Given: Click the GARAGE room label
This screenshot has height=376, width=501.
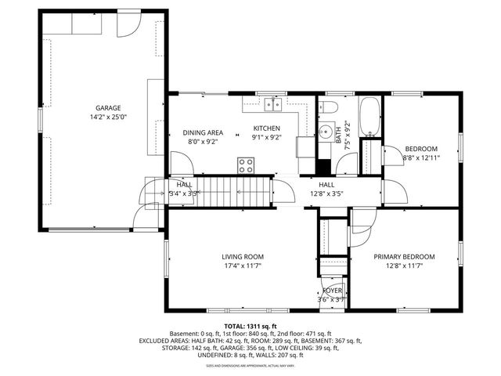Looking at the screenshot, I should point(108,107).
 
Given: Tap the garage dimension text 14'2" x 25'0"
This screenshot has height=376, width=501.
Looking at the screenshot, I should point(108,117).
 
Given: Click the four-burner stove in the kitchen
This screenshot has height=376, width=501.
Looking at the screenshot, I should point(247,164).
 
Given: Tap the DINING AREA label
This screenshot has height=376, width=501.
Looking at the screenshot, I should point(204,132).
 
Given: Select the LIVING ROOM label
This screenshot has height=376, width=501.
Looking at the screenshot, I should point(242,256).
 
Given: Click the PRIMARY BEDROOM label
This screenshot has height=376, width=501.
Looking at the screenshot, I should point(403,256).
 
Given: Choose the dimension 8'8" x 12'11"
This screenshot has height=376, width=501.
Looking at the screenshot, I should point(421,157).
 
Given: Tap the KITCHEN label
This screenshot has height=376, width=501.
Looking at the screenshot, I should point(266,128).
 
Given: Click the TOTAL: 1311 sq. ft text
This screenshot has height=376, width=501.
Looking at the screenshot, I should point(250,327).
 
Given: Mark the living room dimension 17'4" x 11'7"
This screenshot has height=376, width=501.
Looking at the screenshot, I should point(242,266).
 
